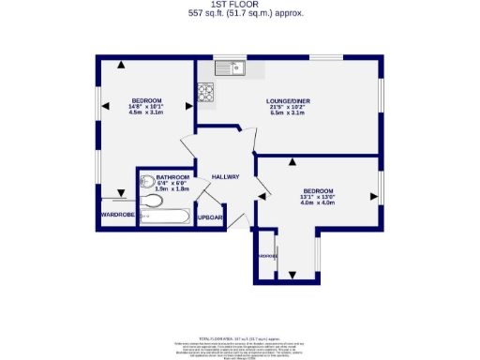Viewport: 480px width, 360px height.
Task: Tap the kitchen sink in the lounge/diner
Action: point(228,67)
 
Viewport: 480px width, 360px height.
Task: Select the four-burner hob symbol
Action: point(205,91)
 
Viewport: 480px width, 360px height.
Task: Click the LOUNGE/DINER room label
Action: point(287,100)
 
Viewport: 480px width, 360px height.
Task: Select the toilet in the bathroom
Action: point(150,200)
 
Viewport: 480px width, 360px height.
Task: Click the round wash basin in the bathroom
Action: point(147,182)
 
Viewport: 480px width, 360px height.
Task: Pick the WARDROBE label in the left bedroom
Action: point(117,215)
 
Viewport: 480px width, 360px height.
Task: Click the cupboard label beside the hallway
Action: point(209,217)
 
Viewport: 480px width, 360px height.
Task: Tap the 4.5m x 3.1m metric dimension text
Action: point(146,113)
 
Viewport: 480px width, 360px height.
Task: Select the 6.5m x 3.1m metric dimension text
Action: point(287,113)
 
